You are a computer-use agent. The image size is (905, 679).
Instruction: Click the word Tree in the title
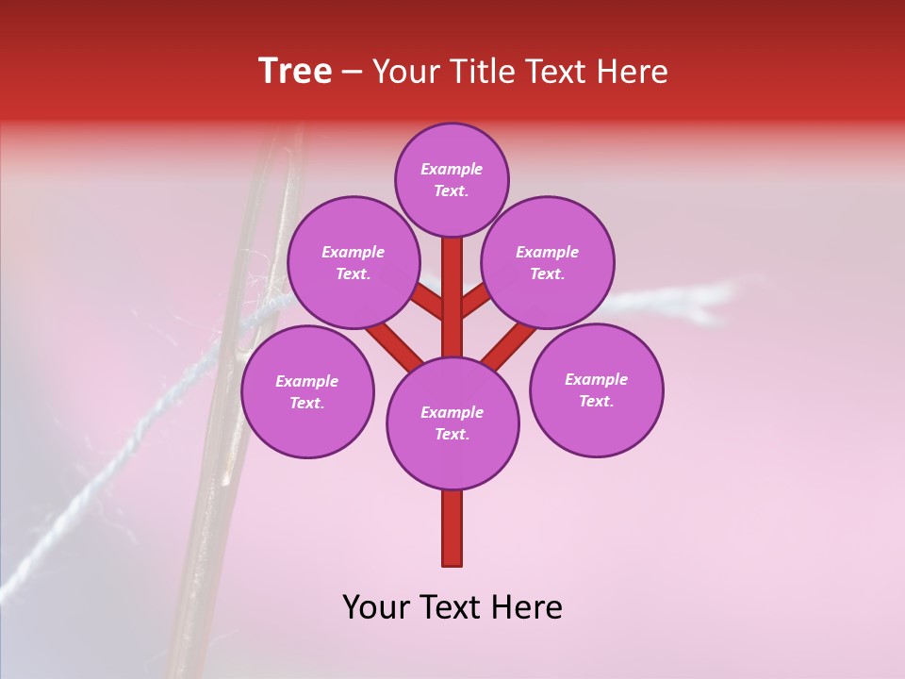(295, 72)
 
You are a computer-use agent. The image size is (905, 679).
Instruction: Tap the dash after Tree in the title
(352, 73)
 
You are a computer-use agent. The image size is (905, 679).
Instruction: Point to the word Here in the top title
(632, 72)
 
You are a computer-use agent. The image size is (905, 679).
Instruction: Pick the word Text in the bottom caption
(452, 607)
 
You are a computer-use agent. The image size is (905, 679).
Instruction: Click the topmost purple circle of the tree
(452, 179)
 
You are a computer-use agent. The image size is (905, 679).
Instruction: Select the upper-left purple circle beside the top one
(354, 262)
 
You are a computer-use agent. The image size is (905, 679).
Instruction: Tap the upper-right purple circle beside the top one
(548, 262)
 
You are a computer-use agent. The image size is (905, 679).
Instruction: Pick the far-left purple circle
(307, 391)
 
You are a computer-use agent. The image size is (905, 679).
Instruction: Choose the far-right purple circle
(596, 389)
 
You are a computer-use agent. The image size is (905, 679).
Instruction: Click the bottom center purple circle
(452, 423)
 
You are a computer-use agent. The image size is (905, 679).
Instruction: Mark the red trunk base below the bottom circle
(452, 528)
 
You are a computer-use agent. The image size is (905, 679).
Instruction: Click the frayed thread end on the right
(716, 293)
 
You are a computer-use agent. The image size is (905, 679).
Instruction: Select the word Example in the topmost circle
(452, 169)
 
